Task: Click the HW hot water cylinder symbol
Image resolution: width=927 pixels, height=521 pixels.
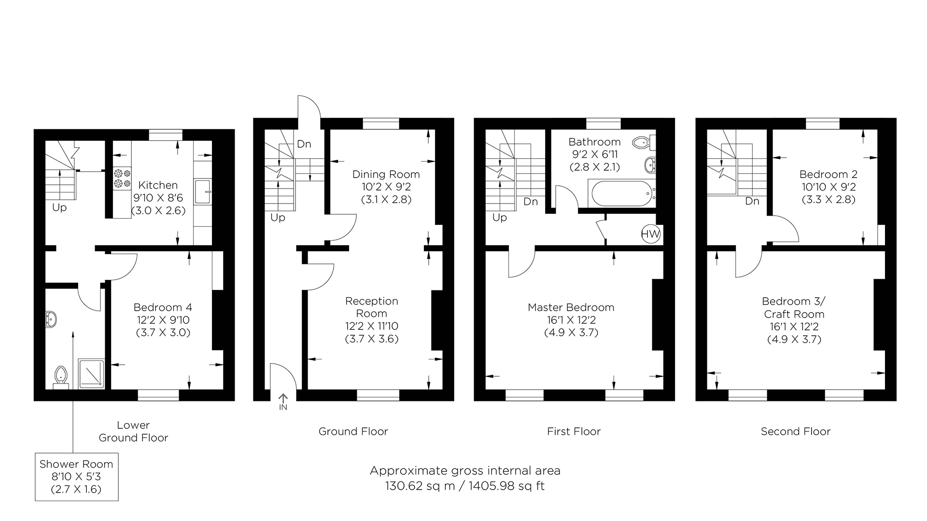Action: point(650,235)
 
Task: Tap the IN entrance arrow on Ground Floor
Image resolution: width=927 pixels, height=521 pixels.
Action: point(283,402)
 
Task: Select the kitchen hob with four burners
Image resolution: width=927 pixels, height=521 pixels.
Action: point(122,178)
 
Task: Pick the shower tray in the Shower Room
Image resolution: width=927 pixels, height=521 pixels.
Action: point(91,373)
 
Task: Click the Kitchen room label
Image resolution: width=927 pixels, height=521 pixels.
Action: point(158,185)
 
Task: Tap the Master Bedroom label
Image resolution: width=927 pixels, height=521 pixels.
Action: point(571,307)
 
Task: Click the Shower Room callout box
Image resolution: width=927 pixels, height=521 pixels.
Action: point(76,477)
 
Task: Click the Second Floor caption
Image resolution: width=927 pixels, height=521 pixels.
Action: point(795,431)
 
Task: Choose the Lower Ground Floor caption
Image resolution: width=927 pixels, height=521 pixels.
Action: point(133,431)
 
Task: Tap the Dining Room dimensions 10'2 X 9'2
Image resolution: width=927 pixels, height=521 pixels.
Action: point(386,187)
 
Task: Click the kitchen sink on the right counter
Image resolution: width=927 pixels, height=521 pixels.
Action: point(202,192)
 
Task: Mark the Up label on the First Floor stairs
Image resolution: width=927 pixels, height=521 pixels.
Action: point(499,218)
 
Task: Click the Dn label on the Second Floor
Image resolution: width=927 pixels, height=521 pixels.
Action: point(752,201)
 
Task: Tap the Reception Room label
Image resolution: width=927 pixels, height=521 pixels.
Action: point(371,307)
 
